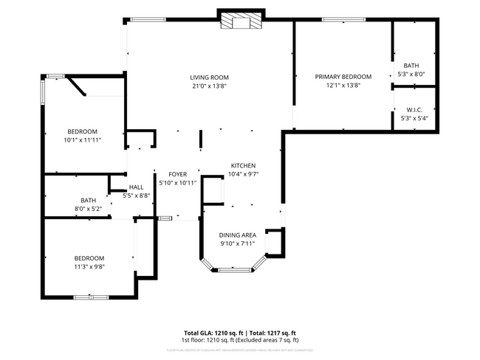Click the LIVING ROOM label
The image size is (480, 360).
(209, 77)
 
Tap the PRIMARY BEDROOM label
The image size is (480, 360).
(343, 77)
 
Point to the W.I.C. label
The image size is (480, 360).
(414, 109)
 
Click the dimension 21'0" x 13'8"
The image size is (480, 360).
(209, 86)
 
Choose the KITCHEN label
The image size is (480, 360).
(243, 165)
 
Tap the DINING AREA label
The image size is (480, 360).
(237, 235)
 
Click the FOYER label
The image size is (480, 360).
(177, 174)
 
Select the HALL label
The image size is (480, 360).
(137, 187)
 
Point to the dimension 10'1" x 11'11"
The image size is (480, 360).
(82, 139)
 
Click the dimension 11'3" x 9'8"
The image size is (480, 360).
(89, 266)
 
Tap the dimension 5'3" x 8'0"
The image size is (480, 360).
(411, 74)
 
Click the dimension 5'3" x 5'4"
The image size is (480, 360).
(414, 118)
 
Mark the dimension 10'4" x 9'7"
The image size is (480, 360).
(243, 174)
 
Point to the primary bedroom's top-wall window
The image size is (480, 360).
(343, 20)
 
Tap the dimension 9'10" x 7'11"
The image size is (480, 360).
(237, 243)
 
